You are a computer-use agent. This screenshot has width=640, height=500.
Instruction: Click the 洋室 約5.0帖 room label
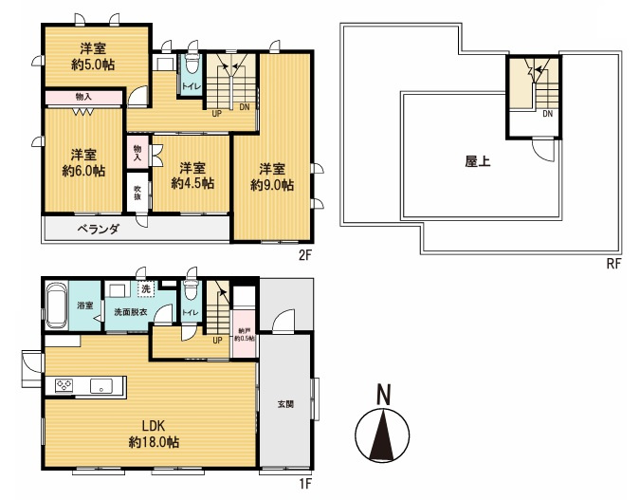pyautogui.click(x=93, y=56)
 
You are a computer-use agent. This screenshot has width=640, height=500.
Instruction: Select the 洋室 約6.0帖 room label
pyautogui.click(x=83, y=162)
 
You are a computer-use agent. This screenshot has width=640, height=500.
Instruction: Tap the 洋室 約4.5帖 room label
pyautogui.click(x=192, y=176)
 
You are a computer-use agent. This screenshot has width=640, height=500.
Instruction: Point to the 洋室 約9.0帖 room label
pyautogui.click(x=272, y=176)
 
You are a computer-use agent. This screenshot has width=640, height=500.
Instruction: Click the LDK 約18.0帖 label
pyautogui.click(x=154, y=434)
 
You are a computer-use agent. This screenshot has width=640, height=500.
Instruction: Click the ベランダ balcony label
pyautogui.click(x=99, y=229)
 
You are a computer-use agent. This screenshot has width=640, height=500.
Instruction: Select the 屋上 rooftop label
pyautogui.click(x=478, y=161)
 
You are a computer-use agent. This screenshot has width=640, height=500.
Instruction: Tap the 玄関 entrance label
pyautogui.click(x=285, y=404)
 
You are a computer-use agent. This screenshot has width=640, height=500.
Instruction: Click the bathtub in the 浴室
pyautogui.click(x=57, y=306)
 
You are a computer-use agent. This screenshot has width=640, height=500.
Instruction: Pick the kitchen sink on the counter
pyautogui.click(x=101, y=386)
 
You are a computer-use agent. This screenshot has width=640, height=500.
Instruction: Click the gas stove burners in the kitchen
pyautogui.click(x=64, y=385)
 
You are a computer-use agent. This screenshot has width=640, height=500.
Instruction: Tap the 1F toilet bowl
pyautogui.click(x=191, y=289)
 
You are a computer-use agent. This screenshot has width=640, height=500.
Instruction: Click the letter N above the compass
pyautogui.click(x=383, y=394)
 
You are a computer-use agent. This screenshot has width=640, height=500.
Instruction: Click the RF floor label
pyautogui.click(x=613, y=264)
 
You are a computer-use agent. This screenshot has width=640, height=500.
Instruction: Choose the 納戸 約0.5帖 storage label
pyautogui.click(x=244, y=335)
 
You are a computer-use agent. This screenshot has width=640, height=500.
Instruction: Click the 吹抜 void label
pyautogui.click(x=138, y=193)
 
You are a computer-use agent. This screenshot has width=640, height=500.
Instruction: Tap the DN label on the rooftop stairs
pyautogui.click(x=547, y=114)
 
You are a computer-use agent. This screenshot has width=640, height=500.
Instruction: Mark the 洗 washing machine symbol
pyautogui.click(x=146, y=288)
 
